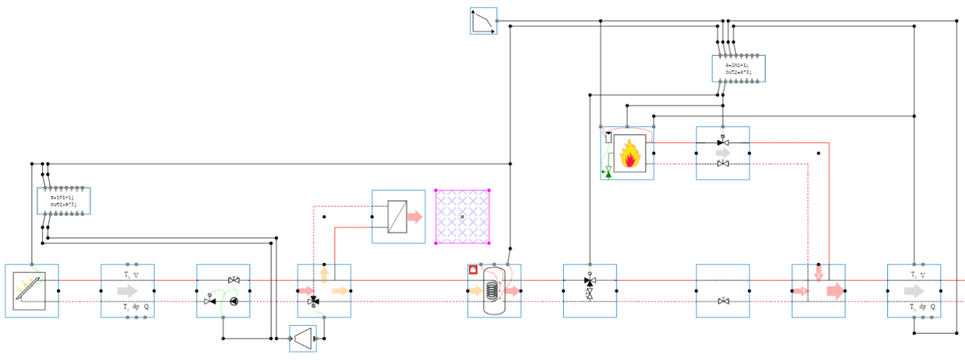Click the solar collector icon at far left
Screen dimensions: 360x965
pyautogui.click(x=31, y=291)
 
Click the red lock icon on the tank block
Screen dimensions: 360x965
pyautogui.click(x=473, y=269)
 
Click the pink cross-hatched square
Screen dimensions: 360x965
pyautogui.click(x=462, y=216)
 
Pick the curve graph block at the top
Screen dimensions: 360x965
pyautogui.click(x=482, y=21)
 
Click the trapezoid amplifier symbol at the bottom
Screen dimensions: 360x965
pyautogui.click(x=304, y=339)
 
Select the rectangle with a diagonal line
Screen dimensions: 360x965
pyautogui.click(x=398, y=217)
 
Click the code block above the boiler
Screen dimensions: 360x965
pyautogui.click(x=738, y=68)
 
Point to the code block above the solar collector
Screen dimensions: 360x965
pyautogui.click(x=63, y=200)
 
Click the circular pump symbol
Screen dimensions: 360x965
pyautogui.click(x=235, y=301)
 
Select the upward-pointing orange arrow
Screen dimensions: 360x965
pyautogui.click(x=324, y=276)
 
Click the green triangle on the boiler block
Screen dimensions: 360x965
pyautogui.click(x=609, y=172)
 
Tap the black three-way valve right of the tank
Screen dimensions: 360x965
pyautogui.click(x=589, y=283)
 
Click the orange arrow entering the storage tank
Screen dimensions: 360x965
pyautogui.click(x=475, y=291)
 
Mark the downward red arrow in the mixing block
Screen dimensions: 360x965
pyautogui.click(x=818, y=272)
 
